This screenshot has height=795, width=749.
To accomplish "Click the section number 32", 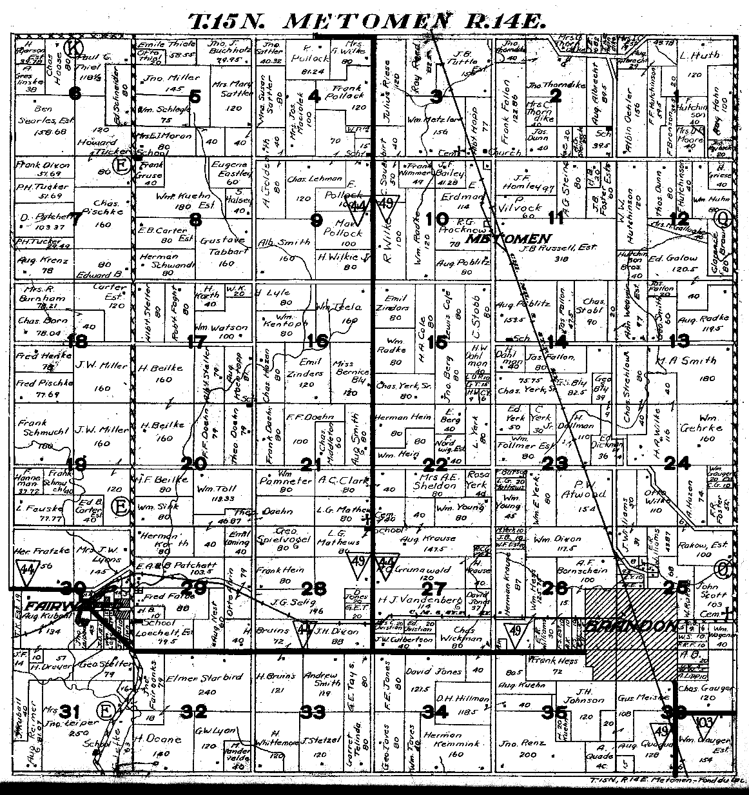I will coord(194,712).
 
